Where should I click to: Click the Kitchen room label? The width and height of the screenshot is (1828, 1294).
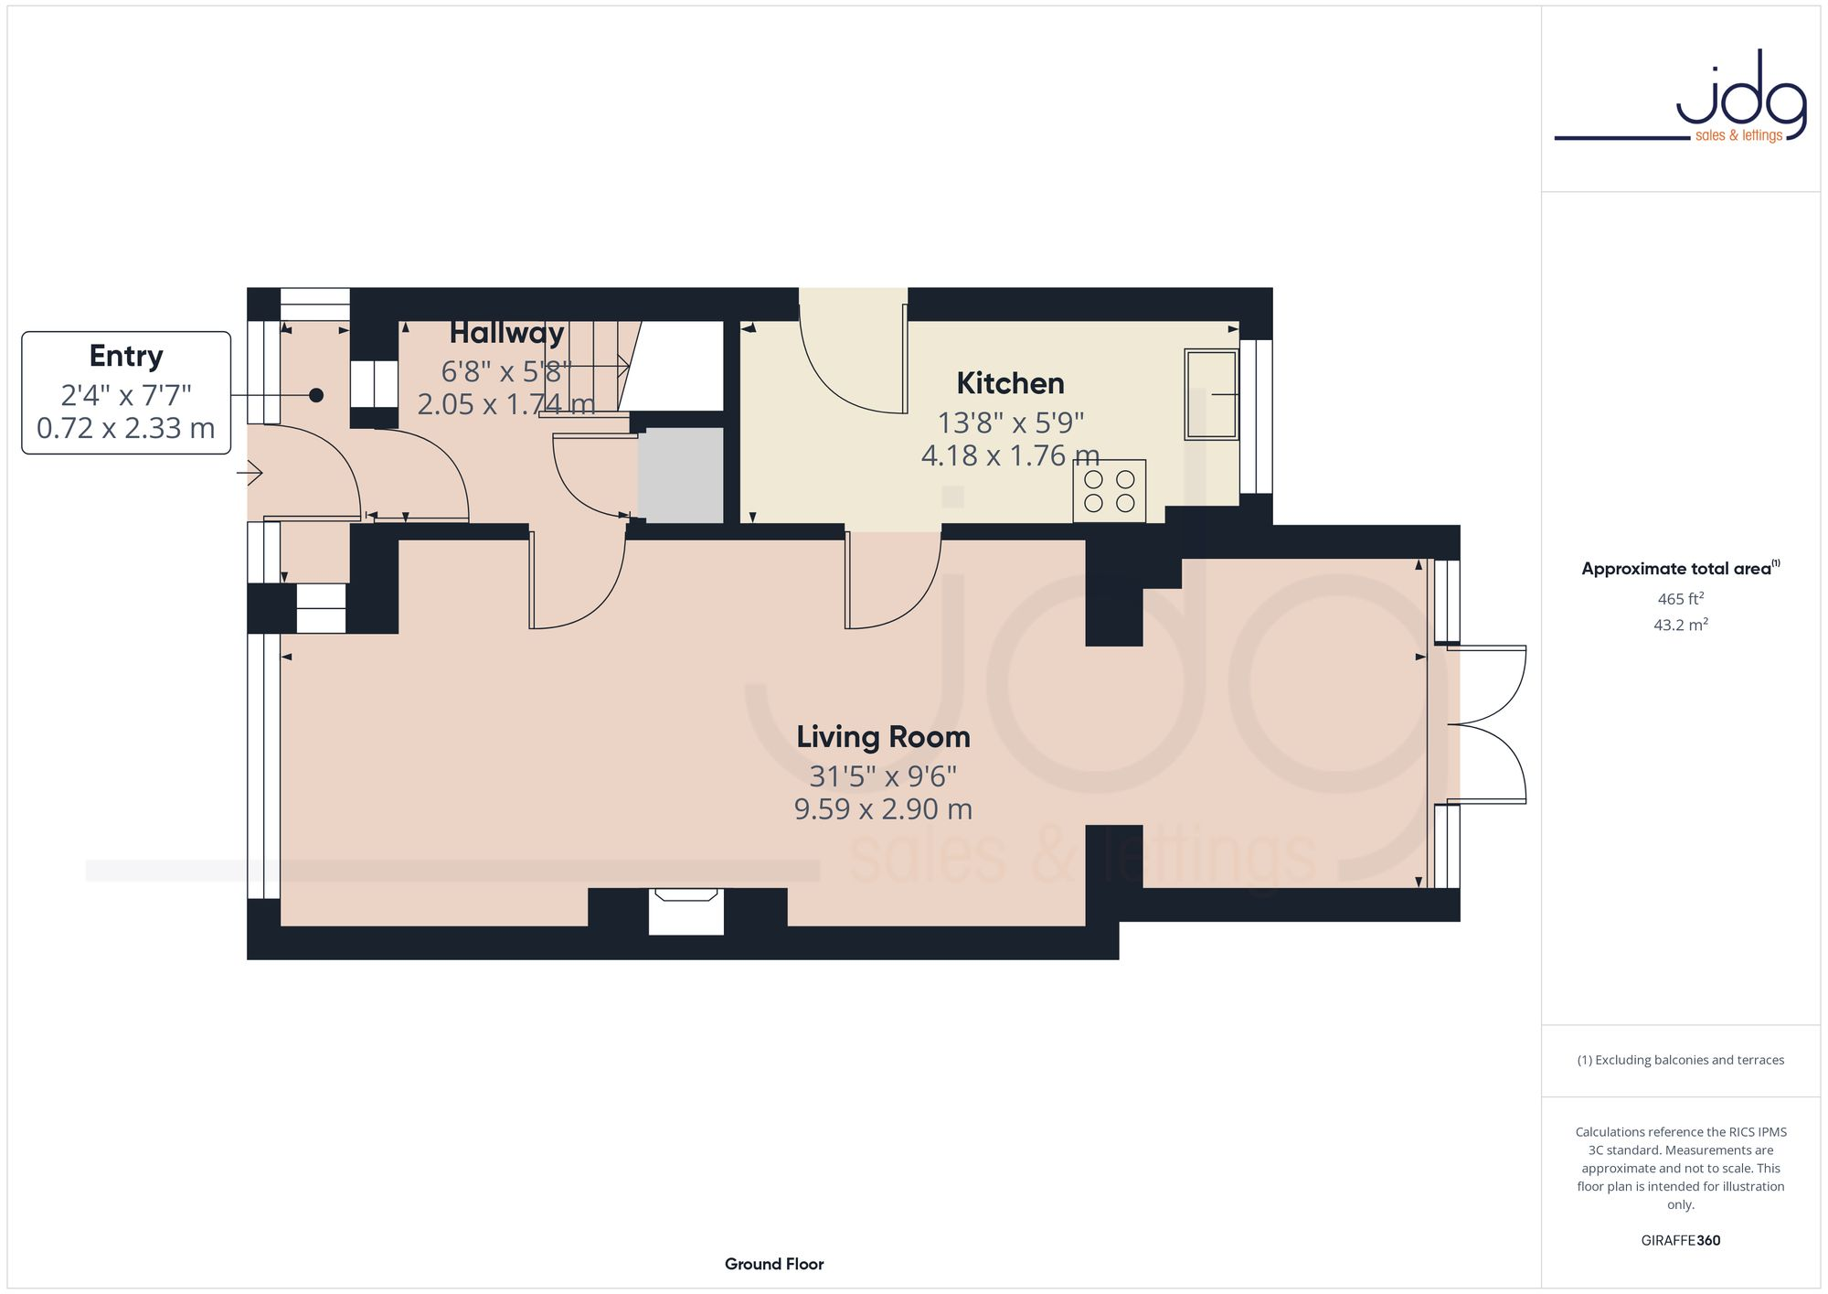(x=1010, y=383)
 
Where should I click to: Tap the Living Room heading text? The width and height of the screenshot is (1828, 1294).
(x=883, y=737)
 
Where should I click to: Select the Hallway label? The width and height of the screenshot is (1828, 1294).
(x=506, y=333)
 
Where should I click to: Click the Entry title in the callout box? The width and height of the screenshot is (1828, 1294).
(x=126, y=356)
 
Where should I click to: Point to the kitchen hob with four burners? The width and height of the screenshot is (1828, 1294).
(x=1109, y=491)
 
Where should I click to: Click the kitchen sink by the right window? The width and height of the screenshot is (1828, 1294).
(x=1211, y=394)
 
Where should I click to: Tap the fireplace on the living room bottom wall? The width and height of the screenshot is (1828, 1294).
(x=685, y=911)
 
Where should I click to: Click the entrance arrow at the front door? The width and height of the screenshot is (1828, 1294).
(x=250, y=473)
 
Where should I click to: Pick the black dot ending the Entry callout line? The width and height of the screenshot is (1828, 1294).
(x=316, y=395)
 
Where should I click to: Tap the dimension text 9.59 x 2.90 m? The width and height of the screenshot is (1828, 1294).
(x=883, y=809)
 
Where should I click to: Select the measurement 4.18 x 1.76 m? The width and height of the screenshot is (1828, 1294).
(x=1010, y=455)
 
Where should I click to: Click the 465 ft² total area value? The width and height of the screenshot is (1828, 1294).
(x=1680, y=599)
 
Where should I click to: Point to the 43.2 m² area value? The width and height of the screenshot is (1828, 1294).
(x=1680, y=626)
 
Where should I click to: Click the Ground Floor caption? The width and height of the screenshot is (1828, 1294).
(x=774, y=1264)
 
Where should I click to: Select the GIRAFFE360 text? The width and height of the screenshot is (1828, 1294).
(x=1680, y=1241)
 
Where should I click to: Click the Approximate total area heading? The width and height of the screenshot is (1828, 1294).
(x=1680, y=569)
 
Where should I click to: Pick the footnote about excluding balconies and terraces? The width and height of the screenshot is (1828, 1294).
(x=1680, y=1060)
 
